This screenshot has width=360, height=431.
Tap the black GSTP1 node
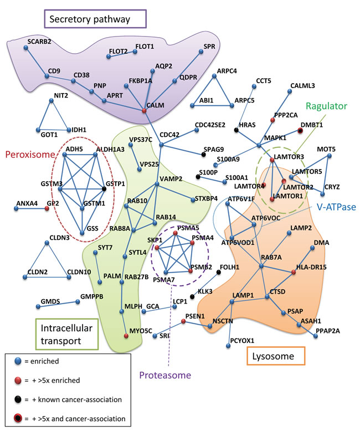pyautogui.click(x=105, y=189)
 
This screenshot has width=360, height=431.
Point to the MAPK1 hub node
pyautogui.click(x=259, y=146)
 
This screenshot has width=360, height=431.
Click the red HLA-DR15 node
pyautogui.click(x=294, y=271)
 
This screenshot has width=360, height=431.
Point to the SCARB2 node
pyautogui.click(x=26, y=48)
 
